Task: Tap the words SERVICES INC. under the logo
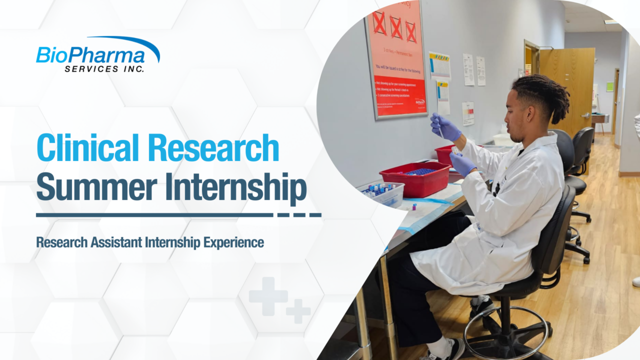(x=104, y=68)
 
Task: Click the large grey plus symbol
(x=268, y=296)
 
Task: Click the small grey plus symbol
(x=298, y=311)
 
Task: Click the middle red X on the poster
(x=395, y=27)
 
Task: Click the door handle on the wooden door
(x=585, y=114)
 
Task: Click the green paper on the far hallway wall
(x=609, y=86)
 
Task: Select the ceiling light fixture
(x=610, y=21)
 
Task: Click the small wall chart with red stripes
(x=468, y=113)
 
